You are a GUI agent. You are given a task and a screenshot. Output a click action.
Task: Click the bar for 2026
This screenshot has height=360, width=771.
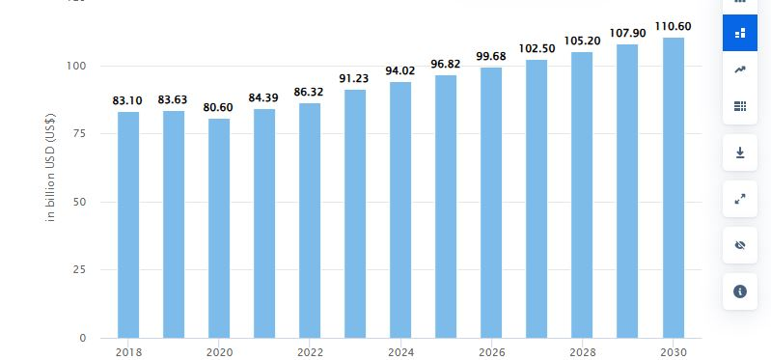pos(491,203)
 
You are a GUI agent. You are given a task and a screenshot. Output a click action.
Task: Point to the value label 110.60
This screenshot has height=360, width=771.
pos(674,26)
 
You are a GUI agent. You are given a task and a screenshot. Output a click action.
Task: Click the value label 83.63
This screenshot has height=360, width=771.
pos(174,99)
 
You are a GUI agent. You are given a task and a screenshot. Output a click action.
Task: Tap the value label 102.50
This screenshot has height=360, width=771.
pos(537,48)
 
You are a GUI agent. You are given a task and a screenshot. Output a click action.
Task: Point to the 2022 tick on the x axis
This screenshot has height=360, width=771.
pos(310,352)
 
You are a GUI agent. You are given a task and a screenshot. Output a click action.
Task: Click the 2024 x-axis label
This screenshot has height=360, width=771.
pos(400,352)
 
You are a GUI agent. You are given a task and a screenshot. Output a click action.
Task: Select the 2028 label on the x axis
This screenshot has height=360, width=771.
pos(582,352)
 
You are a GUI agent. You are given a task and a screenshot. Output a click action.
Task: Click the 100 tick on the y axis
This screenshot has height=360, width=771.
pos(77,66)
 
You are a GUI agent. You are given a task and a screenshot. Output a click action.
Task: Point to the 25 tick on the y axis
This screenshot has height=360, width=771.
pos(81,270)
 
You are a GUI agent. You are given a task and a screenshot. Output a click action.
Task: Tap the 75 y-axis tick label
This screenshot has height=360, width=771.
pos(81,133)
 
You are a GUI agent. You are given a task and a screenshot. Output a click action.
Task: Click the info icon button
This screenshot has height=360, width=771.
pos(740,291)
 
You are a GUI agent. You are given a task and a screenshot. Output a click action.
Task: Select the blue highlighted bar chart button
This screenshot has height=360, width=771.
pos(740,33)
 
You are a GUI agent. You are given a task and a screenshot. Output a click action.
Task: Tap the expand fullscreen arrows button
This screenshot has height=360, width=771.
pos(740,199)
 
